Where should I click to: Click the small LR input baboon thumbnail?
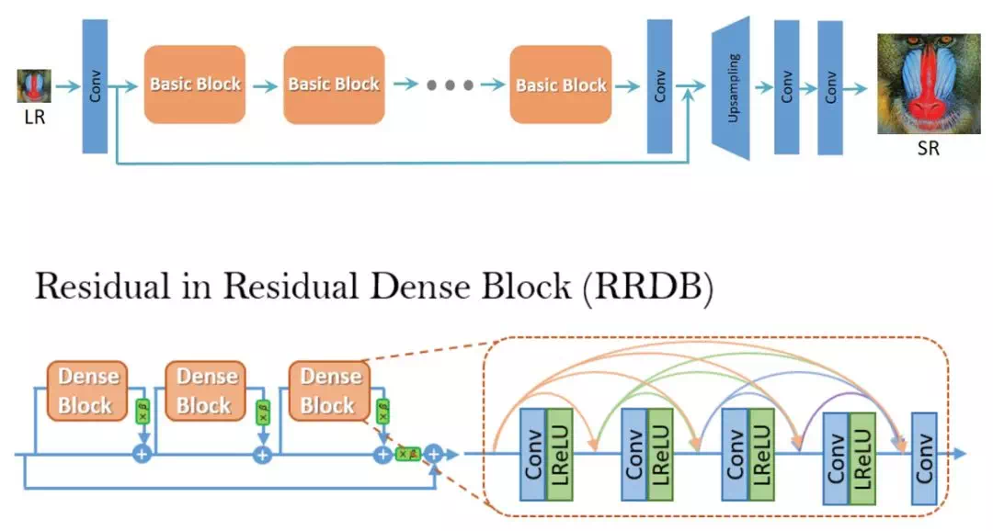[34, 86]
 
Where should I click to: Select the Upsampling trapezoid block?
[731, 88]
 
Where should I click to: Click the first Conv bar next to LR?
[95, 86]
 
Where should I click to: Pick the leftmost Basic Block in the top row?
[195, 85]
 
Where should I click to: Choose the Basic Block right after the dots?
[561, 85]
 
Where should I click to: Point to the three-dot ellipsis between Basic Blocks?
[450, 85]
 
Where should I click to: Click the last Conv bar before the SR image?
[830, 87]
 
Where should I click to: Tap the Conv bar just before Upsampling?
[660, 86]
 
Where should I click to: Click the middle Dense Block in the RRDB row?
[207, 390]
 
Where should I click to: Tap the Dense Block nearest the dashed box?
[328, 390]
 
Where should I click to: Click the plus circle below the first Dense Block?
[143, 454]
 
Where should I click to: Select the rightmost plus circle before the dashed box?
[434, 454]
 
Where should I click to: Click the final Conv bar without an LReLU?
[924, 458]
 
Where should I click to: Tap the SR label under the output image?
[929, 148]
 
